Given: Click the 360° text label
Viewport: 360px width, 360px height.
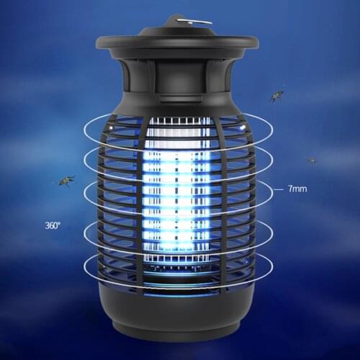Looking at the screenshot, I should [x=53, y=225].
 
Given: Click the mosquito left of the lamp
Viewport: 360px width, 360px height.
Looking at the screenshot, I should [x=66, y=180].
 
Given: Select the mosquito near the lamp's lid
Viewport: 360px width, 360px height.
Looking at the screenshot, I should [x=276, y=95].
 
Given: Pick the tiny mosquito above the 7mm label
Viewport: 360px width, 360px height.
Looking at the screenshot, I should [x=311, y=160].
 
